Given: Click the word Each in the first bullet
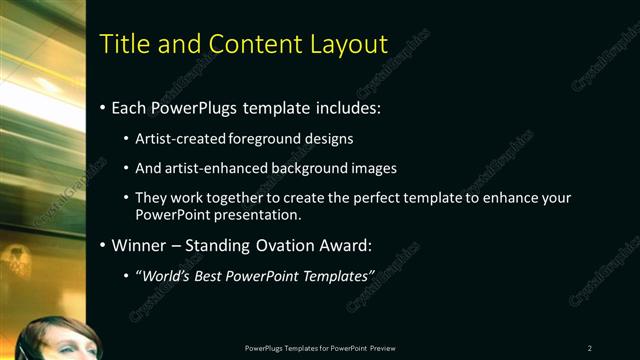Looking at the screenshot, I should [x=129, y=107].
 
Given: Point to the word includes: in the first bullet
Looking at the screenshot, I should [x=346, y=107].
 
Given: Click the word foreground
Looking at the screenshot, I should [x=265, y=138].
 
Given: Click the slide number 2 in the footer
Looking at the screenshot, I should [x=589, y=347].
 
